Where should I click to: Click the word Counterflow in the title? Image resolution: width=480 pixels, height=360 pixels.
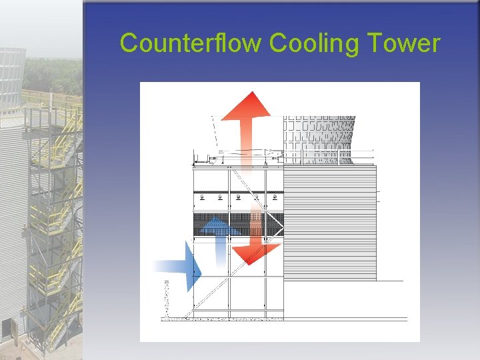coord(191,43)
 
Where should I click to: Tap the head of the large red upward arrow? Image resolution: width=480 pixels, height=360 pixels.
coord(246,106)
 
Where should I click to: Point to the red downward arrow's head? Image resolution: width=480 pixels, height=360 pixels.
coord(256,253)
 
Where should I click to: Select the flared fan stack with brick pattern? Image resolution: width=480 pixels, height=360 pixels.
coord(319,139)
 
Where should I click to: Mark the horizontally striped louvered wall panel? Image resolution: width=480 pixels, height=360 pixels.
coord(330,223)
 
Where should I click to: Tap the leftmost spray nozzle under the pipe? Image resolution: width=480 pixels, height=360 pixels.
coord(203,197)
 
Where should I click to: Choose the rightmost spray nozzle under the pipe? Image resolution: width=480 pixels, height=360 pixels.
coord(275,197)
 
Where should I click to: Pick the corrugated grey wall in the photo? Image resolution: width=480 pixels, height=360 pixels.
coord(12,200)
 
